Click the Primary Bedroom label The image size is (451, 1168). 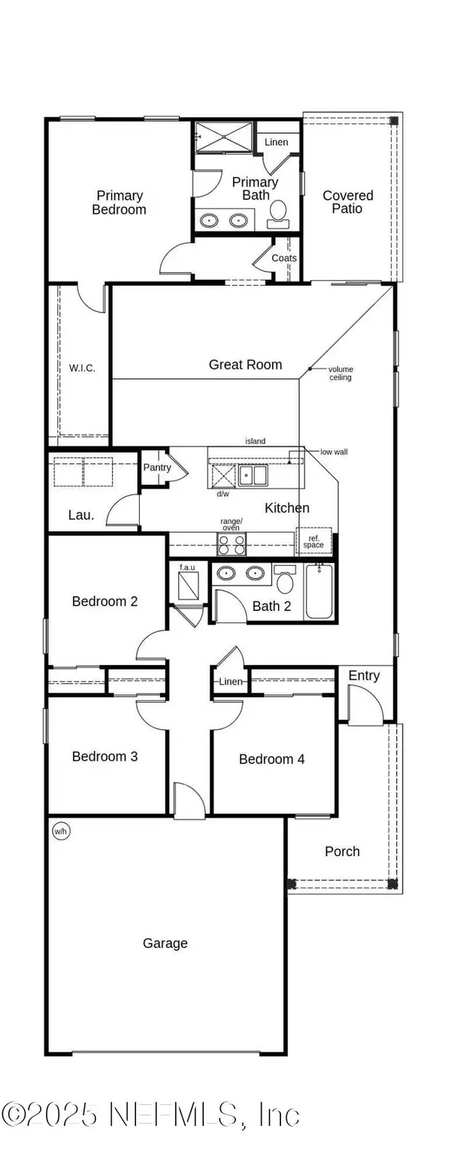(x=119, y=202)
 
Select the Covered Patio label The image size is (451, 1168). (x=347, y=201)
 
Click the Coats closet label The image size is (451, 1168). (x=284, y=258)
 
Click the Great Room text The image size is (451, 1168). (x=245, y=365)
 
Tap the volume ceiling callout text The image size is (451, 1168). (x=340, y=373)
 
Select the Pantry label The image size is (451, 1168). (x=156, y=468)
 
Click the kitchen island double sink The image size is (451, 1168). (x=253, y=475)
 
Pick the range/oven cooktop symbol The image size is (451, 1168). (x=232, y=543)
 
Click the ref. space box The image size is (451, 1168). (x=313, y=541)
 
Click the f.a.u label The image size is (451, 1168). (x=187, y=566)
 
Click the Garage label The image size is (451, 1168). (x=165, y=943)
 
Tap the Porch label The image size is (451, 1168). (x=342, y=851)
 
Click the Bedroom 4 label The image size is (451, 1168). (x=271, y=759)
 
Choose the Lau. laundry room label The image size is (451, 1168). (x=81, y=515)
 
